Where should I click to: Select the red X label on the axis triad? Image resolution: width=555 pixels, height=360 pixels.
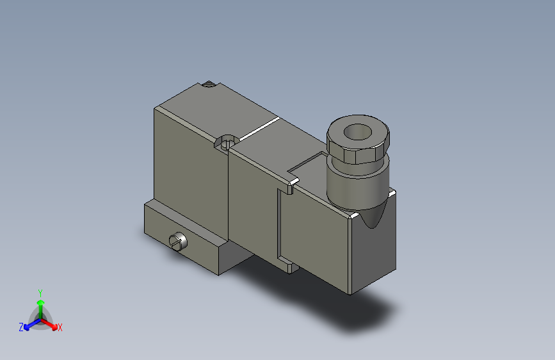coord(60,328)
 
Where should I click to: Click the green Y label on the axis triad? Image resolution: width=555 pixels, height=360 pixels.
coord(40,291)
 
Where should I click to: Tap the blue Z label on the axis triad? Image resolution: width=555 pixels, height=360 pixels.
coord(21,327)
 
